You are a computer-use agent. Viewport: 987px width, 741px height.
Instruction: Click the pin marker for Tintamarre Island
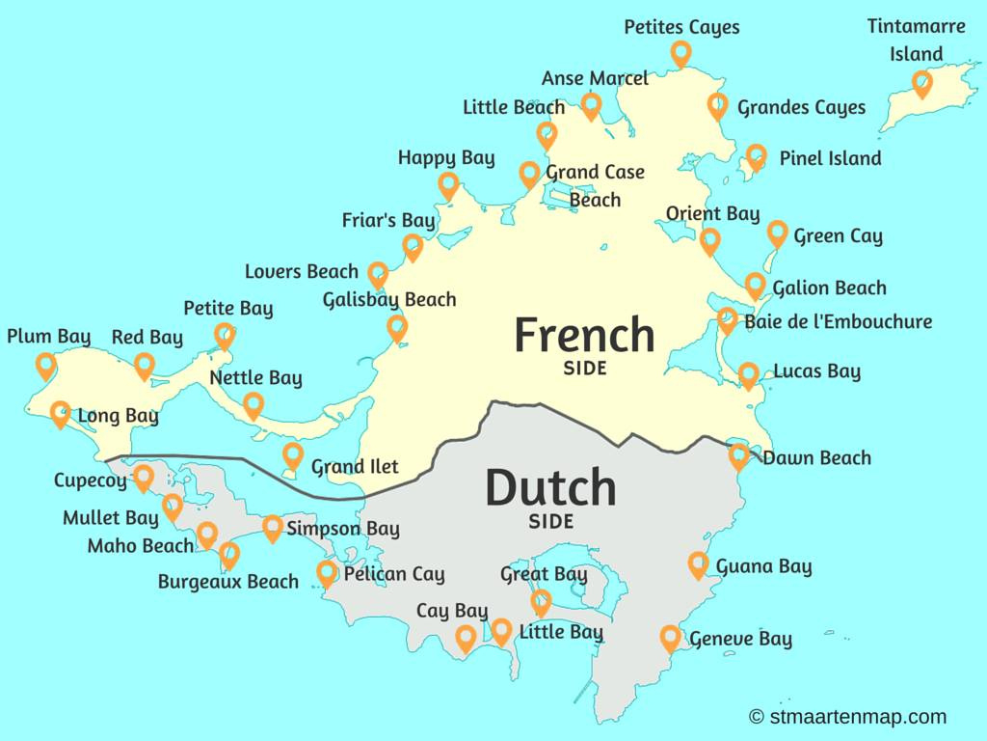click(x=922, y=83)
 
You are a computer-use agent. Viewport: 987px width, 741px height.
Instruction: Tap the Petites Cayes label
click(x=681, y=27)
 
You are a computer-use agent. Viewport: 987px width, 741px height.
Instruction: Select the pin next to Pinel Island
click(x=756, y=156)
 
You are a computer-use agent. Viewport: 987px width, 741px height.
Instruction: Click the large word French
click(x=584, y=335)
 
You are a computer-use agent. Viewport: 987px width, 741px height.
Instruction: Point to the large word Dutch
click(x=550, y=487)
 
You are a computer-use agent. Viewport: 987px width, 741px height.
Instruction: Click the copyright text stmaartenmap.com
click(x=847, y=717)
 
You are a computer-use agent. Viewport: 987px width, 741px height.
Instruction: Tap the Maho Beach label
click(x=141, y=546)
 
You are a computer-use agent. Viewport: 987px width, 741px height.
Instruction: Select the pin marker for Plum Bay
click(x=45, y=366)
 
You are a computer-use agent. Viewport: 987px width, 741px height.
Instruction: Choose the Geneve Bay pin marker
click(x=670, y=638)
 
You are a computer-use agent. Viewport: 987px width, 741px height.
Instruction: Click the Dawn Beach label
click(x=816, y=458)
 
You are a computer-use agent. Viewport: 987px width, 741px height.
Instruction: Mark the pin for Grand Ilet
click(x=293, y=455)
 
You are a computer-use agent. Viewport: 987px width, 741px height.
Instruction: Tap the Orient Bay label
click(x=712, y=214)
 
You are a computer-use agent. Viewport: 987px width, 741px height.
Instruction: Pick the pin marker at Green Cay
click(x=777, y=233)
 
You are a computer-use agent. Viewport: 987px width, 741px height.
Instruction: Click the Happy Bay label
click(x=446, y=157)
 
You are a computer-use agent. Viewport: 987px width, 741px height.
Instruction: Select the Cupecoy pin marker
click(x=143, y=478)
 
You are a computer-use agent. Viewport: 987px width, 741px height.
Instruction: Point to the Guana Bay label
click(x=763, y=566)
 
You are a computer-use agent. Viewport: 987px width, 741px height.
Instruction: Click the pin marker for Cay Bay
click(x=465, y=638)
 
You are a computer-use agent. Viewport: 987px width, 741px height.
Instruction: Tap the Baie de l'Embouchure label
click(x=838, y=321)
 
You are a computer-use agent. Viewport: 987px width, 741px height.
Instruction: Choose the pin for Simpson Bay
click(x=273, y=528)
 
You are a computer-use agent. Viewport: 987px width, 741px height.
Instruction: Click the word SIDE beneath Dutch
click(x=550, y=522)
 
